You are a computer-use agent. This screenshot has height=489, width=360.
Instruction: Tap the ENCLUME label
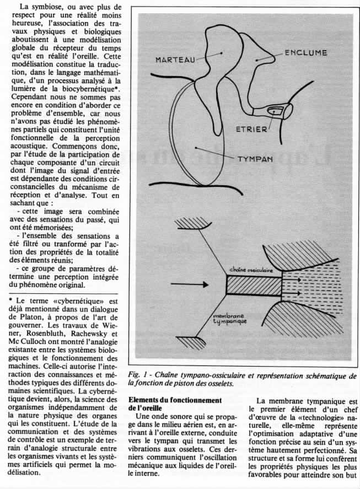(x=306, y=53)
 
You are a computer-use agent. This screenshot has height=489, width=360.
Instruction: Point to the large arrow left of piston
(x=188, y=284)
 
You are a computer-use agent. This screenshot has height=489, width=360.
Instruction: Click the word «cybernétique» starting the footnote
(x=65, y=301)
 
